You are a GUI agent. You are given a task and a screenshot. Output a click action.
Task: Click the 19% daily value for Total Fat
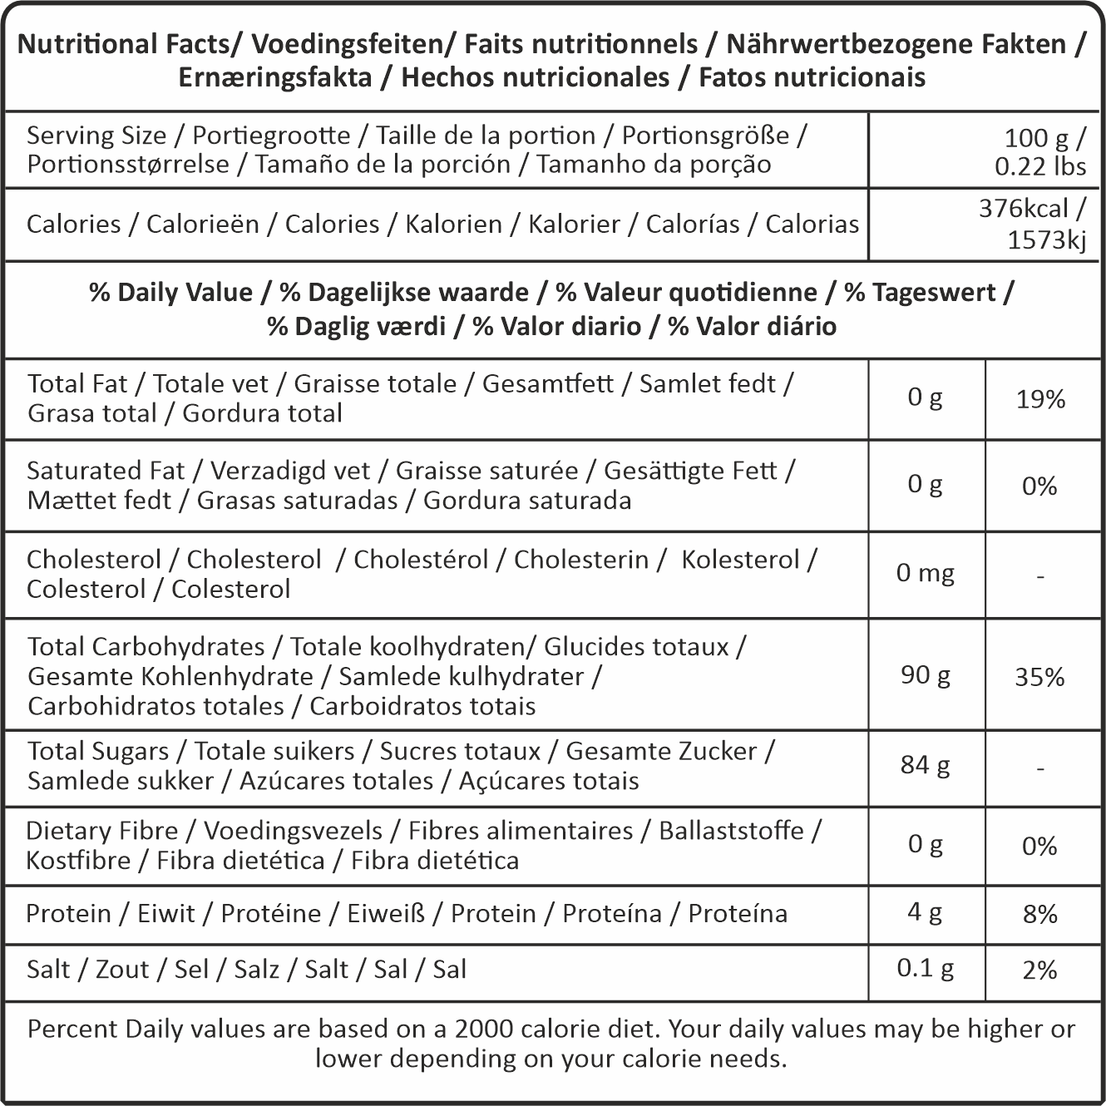[x=1040, y=400]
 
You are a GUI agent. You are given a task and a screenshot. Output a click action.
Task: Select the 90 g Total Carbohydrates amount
[x=925, y=674]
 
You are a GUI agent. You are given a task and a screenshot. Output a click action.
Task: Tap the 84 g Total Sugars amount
[x=925, y=764]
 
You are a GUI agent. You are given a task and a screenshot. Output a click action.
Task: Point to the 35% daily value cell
[x=1039, y=677]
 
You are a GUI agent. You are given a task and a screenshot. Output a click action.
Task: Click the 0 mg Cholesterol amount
[x=925, y=573]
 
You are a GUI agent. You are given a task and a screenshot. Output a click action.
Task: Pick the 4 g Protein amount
[x=925, y=912]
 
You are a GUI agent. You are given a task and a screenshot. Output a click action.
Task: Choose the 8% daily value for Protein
[x=1039, y=915]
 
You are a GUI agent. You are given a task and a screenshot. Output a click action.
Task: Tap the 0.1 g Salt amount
[x=925, y=968]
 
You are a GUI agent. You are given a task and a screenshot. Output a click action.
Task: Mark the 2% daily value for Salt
[x=1039, y=970]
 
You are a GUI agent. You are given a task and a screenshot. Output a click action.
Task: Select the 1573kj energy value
[x=1046, y=240]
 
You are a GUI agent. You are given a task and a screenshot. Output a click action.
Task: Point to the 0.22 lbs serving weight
[x=1039, y=166]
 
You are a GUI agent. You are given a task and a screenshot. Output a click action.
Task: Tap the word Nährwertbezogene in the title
[x=841, y=44]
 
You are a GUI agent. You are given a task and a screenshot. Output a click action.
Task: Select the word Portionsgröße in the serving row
[x=705, y=136]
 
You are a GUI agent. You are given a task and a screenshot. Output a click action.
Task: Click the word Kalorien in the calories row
[x=453, y=225]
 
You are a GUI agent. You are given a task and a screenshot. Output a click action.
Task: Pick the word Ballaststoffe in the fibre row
[x=731, y=831]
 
